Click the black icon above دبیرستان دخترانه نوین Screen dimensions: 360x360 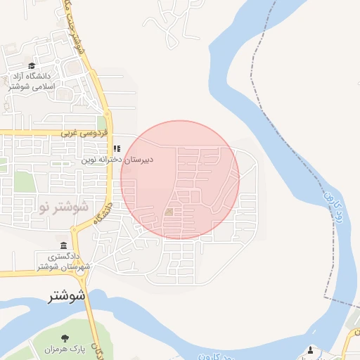(117, 148)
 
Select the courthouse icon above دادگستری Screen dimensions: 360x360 (64, 246)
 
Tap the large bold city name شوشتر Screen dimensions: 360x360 (67, 295)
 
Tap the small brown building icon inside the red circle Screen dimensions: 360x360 (169, 212)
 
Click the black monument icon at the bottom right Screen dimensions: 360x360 (311, 349)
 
